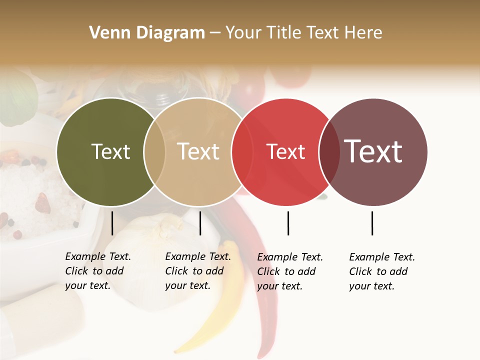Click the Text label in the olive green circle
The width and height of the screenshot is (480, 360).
(110, 151)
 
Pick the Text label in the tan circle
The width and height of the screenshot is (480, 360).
(198, 151)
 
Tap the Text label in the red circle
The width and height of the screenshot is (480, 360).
(285, 152)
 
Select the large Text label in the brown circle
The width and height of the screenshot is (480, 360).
(373, 151)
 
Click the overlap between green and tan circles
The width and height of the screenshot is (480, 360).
(154, 152)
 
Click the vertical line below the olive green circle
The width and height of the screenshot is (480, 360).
(112, 223)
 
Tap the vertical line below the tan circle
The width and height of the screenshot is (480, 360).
(200, 223)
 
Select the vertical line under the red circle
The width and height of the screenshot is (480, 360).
(288, 223)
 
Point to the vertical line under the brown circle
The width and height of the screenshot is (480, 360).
(372, 223)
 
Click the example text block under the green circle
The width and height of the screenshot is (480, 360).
(98, 271)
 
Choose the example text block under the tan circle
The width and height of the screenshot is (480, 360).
(198, 271)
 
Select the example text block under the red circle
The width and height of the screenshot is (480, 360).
(290, 271)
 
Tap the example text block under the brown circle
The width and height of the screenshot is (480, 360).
(382, 271)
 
